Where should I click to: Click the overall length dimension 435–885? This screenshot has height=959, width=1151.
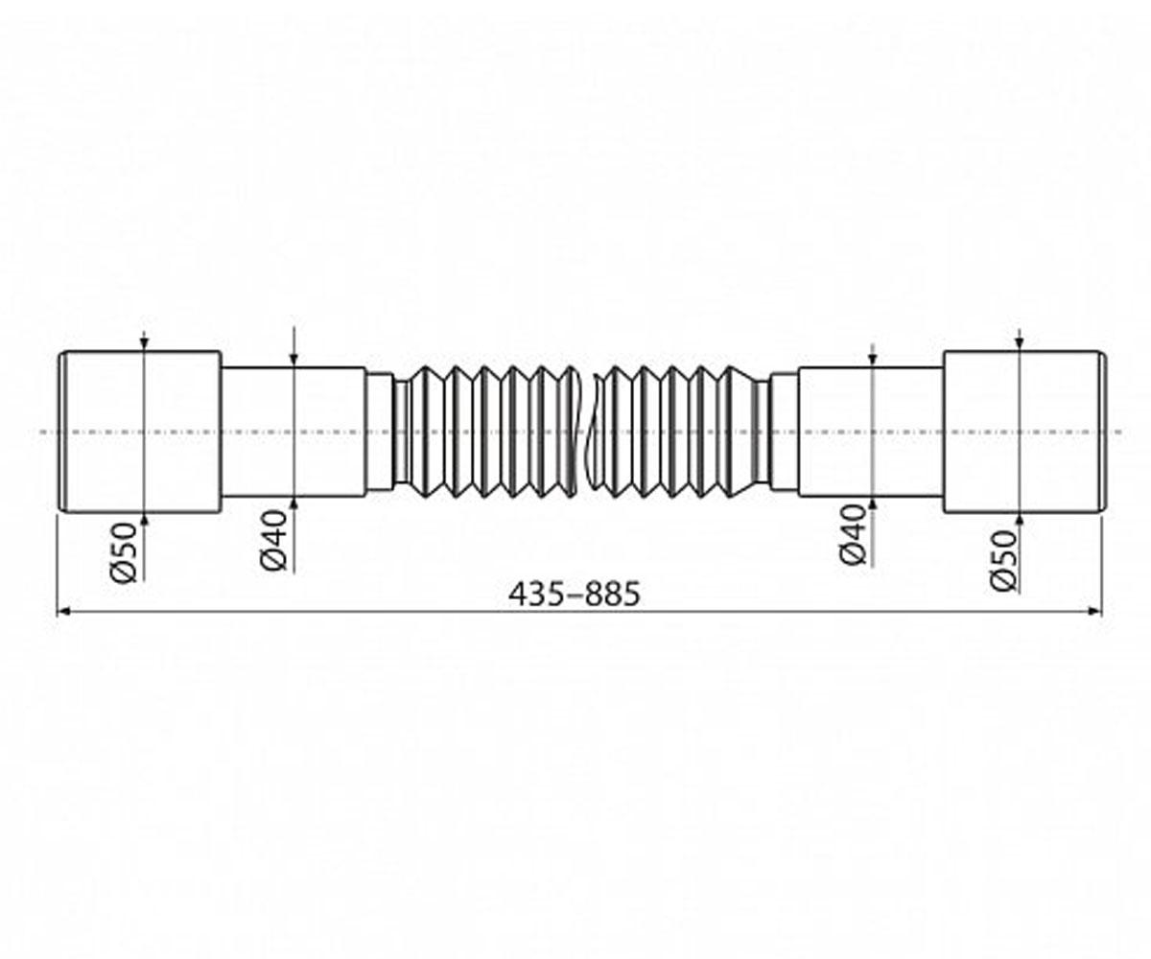[x=574, y=595]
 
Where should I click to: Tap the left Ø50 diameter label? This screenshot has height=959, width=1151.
[x=124, y=552]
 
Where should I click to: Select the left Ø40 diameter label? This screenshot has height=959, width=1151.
[x=272, y=540]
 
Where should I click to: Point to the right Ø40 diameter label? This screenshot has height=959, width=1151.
[x=853, y=534]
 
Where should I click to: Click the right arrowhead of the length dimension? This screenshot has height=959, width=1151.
[x=1093, y=611]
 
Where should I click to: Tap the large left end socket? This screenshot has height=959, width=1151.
[x=140, y=432]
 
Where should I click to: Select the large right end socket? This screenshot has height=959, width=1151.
[x=1024, y=432]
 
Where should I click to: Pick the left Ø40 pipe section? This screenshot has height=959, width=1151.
[x=294, y=432]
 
